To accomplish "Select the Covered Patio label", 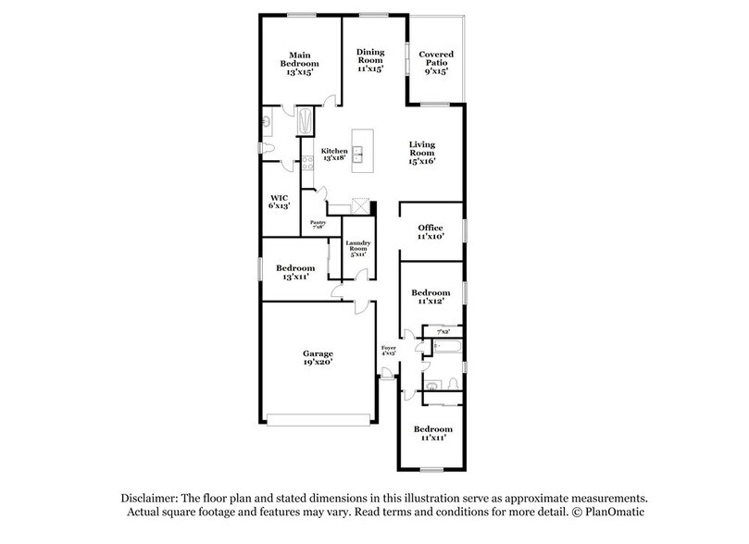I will tap(434, 63).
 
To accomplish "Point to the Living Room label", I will tap(421, 153).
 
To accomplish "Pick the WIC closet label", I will tap(280, 203).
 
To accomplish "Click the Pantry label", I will tap(318, 225).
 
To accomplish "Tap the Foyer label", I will tap(389, 351).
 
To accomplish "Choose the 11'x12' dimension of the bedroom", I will tap(431, 301).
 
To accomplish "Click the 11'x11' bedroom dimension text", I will tap(432, 438).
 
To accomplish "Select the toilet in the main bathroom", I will tap(267, 147).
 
